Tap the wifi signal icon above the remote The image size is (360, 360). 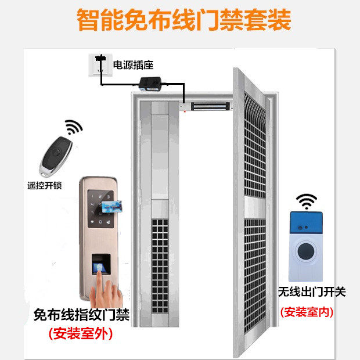[73, 127]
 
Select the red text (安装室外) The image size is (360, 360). [81, 333]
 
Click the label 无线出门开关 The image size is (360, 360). [311, 292]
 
